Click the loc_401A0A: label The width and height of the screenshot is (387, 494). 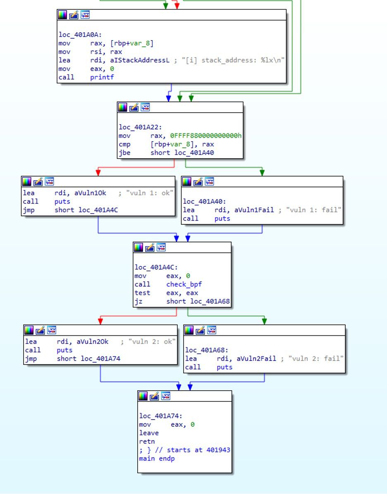tap(80, 35)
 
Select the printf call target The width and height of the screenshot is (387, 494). tap(102, 77)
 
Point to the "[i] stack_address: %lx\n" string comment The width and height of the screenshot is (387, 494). tap(233, 60)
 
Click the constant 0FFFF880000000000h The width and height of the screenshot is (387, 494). tap(205, 135)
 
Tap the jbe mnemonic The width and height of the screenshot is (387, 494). tap(124, 152)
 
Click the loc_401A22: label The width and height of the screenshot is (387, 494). tap(140, 127)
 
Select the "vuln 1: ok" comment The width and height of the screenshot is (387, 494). tap(150, 193)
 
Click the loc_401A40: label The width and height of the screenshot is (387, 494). tap(204, 201)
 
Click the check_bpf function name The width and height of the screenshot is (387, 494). tap(184, 284)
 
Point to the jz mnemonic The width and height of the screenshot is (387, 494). tap(139, 301)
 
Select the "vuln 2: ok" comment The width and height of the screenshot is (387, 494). tap(152, 342)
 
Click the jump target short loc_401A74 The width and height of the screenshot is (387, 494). tap(88, 359)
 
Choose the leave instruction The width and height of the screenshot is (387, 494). tap(149, 433)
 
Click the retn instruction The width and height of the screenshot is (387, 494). tap(147, 442)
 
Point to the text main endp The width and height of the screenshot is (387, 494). tap(157, 458)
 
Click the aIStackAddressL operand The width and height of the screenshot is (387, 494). tap(140, 60)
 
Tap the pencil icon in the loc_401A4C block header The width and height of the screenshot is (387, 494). tap(150, 248)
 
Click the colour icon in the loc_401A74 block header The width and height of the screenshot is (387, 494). tap(143, 396)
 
